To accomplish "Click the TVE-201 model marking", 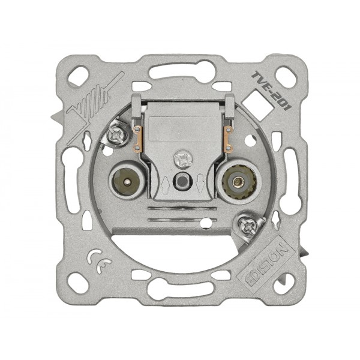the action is pyautogui.click(x=271, y=91).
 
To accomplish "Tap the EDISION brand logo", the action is pyautogui.click(x=266, y=265).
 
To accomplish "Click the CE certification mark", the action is pyautogui.click(x=99, y=262).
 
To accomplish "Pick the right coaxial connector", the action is pyautogui.click(x=236, y=182).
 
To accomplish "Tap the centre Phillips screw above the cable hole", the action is pyautogui.click(x=181, y=158).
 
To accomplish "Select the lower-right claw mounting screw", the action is pyautogui.click(x=248, y=227).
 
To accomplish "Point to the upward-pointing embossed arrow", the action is pyautogui.click(x=166, y=185).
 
